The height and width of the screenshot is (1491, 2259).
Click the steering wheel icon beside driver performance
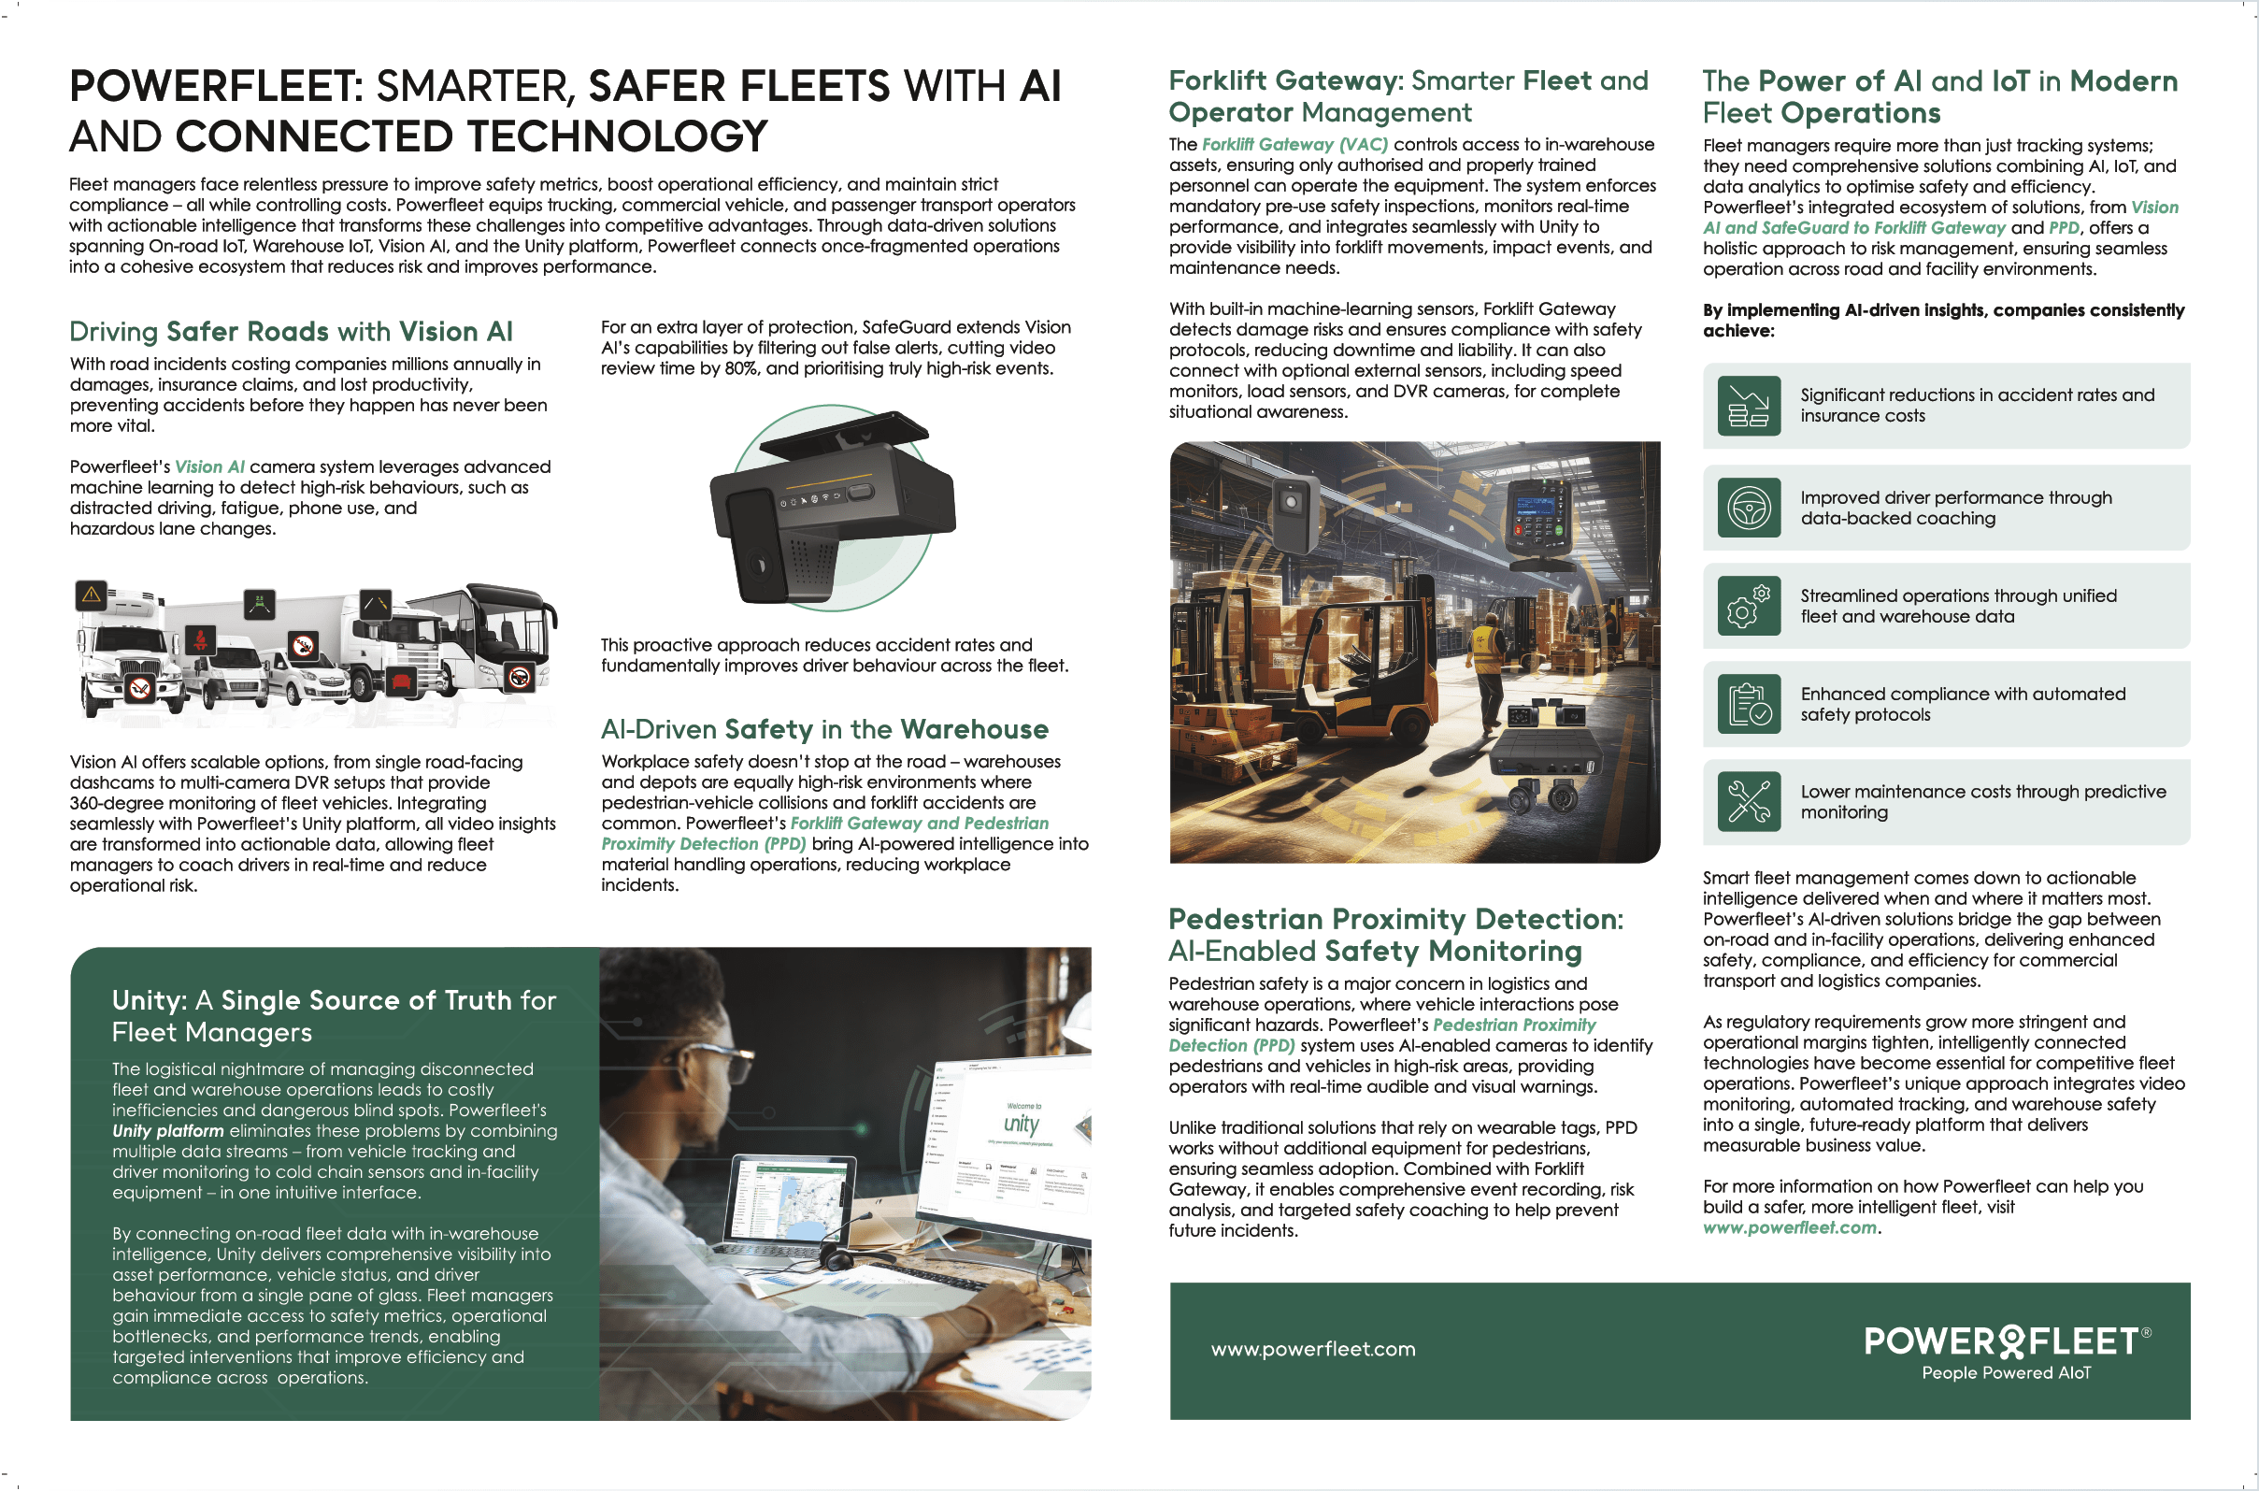pyautogui.click(x=1749, y=508)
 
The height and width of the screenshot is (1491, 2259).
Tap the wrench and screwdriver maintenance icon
pyautogui.click(x=1749, y=800)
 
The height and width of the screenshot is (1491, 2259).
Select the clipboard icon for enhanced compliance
pyautogui.click(x=1749, y=704)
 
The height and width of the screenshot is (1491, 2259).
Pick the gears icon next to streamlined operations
pyautogui.click(x=1749, y=606)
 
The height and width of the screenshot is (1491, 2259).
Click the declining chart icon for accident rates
pyautogui.click(x=1749, y=406)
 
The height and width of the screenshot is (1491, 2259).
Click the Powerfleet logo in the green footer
pyautogui.click(x=2006, y=1351)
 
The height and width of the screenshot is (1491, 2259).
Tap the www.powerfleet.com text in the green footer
pyautogui.click(x=1313, y=1348)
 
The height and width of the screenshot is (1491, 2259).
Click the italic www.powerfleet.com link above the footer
pyautogui.click(x=1789, y=1226)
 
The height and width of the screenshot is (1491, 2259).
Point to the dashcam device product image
pyautogui.click(x=832, y=508)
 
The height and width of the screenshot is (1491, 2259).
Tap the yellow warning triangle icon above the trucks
pyautogui.click(x=92, y=596)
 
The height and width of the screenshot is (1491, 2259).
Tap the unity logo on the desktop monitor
pyautogui.click(x=1022, y=1125)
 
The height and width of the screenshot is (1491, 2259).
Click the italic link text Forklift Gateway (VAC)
pyautogui.click(x=1295, y=145)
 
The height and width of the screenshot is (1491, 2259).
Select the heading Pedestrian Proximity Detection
pyautogui.click(x=1395, y=919)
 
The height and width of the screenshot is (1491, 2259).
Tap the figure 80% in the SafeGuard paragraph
pyautogui.click(x=741, y=368)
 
